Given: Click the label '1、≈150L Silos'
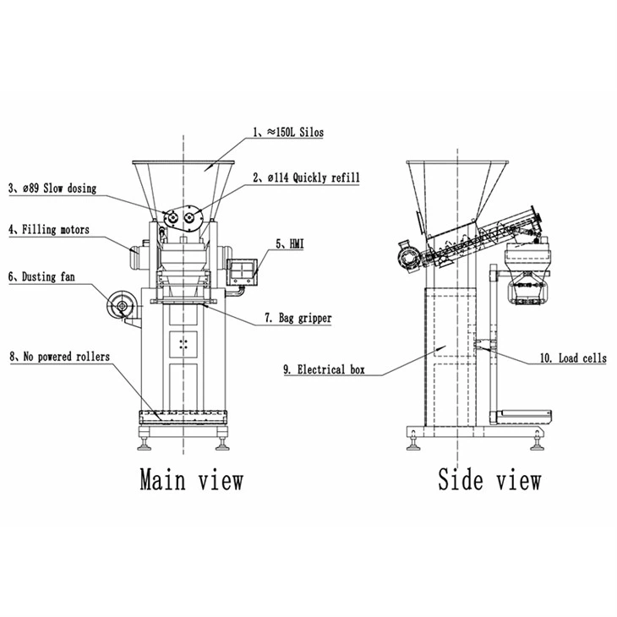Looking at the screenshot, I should tap(288, 132).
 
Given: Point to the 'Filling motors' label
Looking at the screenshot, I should tap(49, 229).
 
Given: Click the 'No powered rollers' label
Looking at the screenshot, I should tap(58, 357).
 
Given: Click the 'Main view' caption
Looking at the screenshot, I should tap(191, 479).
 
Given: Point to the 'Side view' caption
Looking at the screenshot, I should tap(489, 479).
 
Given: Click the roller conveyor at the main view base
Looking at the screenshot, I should tap(186, 417).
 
